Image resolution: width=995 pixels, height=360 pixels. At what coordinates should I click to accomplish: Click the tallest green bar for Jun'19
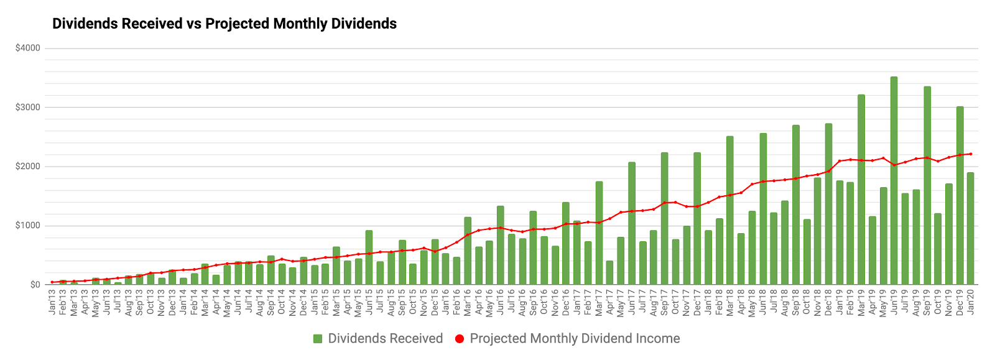(x=894, y=180)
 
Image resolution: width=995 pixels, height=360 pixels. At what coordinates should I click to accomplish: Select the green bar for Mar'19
(x=861, y=190)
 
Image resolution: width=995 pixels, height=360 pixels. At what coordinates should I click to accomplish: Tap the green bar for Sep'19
(x=927, y=185)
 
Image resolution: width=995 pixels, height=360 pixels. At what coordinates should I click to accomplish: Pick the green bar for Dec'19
(x=960, y=195)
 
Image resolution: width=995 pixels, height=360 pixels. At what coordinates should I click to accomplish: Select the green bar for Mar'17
(x=599, y=233)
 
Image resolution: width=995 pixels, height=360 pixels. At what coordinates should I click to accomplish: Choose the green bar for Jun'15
(x=369, y=257)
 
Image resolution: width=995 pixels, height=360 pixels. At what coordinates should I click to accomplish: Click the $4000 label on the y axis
(x=28, y=48)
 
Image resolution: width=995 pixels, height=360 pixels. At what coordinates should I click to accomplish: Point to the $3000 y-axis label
(x=28, y=107)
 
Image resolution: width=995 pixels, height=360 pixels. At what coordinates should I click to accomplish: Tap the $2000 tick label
(x=28, y=166)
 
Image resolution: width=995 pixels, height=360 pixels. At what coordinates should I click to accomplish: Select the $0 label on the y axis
(x=35, y=285)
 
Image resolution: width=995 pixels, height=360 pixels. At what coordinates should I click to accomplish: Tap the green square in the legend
(x=318, y=339)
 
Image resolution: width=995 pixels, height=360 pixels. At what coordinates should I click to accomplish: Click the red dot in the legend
(x=460, y=339)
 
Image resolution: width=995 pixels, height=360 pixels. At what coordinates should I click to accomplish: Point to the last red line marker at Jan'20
(x=970, y=154)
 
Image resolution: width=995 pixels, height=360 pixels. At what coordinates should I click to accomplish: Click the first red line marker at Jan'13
(x=52, y=282)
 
